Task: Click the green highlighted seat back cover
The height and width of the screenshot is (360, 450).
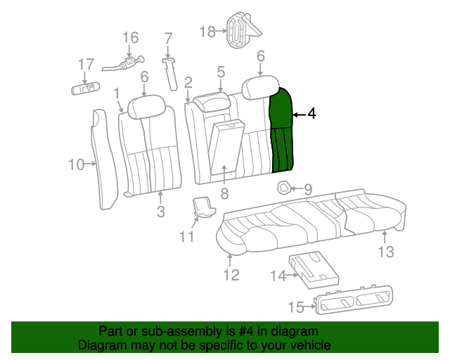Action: [281, 132]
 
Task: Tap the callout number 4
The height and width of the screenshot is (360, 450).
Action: [311, 114]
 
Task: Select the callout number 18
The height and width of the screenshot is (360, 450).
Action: [207, 32]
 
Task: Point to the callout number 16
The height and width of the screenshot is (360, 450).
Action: [131, 37]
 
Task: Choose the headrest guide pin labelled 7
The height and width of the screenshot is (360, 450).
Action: [170, 74]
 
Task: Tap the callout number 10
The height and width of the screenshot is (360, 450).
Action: [77, 165]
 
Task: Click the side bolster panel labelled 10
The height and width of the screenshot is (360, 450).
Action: [104, 160]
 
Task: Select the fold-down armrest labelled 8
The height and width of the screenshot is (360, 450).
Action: [226, 147]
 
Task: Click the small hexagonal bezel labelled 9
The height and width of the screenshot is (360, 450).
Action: [284, 188]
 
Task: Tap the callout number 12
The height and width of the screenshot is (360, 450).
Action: [231, 275]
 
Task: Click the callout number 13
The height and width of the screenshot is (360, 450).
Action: [386, 252]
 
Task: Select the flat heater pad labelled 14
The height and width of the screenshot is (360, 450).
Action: [314, 269]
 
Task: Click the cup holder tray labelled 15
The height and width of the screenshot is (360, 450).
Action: [354, 300]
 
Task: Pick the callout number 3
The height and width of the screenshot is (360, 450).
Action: [161, 212]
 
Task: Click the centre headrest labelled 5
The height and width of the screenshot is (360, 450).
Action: [212, 102]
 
